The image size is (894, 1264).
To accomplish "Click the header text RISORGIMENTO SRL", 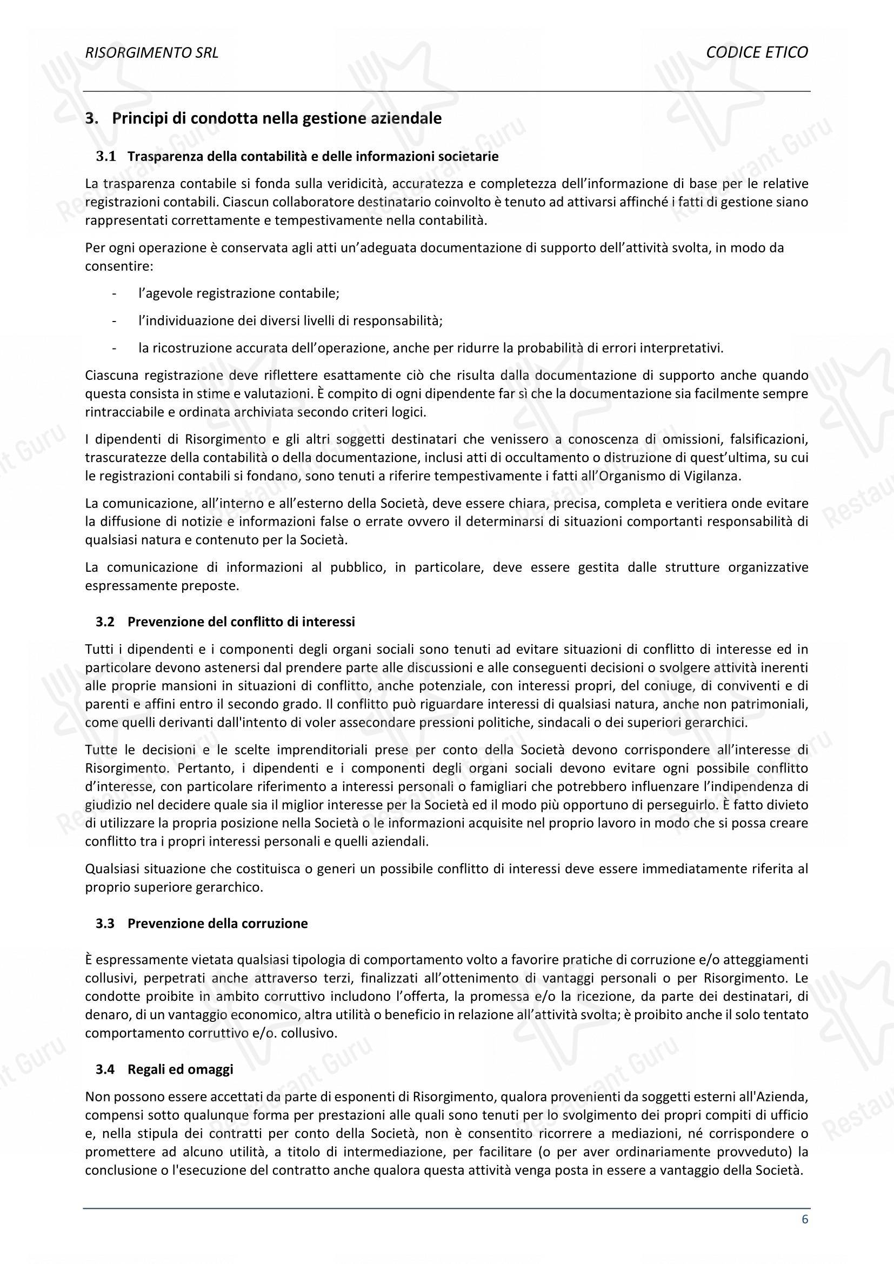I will click(151, 52).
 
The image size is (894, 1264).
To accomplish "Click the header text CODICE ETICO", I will click(756, 52).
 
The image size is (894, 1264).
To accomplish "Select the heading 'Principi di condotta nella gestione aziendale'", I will click(276, 118).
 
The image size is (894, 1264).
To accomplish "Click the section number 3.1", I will click(106, 156).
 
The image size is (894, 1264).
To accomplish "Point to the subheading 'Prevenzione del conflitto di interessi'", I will click(241, 621).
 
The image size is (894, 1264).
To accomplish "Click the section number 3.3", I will click(105, 923).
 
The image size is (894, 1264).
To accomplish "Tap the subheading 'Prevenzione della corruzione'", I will click(217, 923).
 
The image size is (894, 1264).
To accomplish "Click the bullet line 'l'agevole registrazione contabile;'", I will click(239, 293).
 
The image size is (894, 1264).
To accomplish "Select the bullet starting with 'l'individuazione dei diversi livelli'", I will click(290, 320).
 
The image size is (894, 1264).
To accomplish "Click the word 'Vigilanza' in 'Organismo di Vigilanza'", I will click(715, 476).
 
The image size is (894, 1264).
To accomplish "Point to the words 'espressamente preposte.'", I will click(162, 586).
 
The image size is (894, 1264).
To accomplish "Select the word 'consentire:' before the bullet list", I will click(119, 266).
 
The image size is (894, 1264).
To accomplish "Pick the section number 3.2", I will click(105, 621).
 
